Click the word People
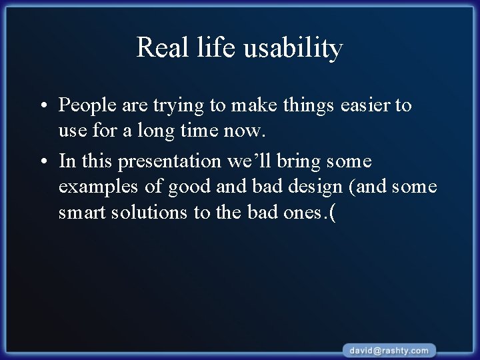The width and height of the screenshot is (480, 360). [x=86, y=105]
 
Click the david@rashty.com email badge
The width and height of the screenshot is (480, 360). [x=391, y=350]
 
